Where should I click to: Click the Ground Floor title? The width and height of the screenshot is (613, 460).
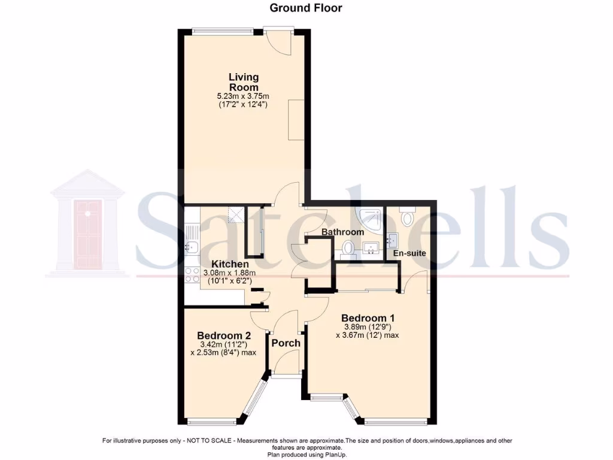click(306, 8)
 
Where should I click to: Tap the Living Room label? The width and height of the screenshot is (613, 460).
click(244, 82)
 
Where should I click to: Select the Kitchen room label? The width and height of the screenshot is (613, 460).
click(230, 264)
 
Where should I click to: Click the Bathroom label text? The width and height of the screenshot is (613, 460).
click(342, 232)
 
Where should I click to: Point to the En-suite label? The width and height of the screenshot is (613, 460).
click(409, 253)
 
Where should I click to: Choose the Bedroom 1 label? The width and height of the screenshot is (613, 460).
click(368, 317)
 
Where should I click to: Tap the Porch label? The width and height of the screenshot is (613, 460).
click(286, 343)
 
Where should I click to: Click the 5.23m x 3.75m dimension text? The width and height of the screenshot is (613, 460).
click(244, 96)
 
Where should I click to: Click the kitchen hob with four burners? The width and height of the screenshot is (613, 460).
click(192, 275)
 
